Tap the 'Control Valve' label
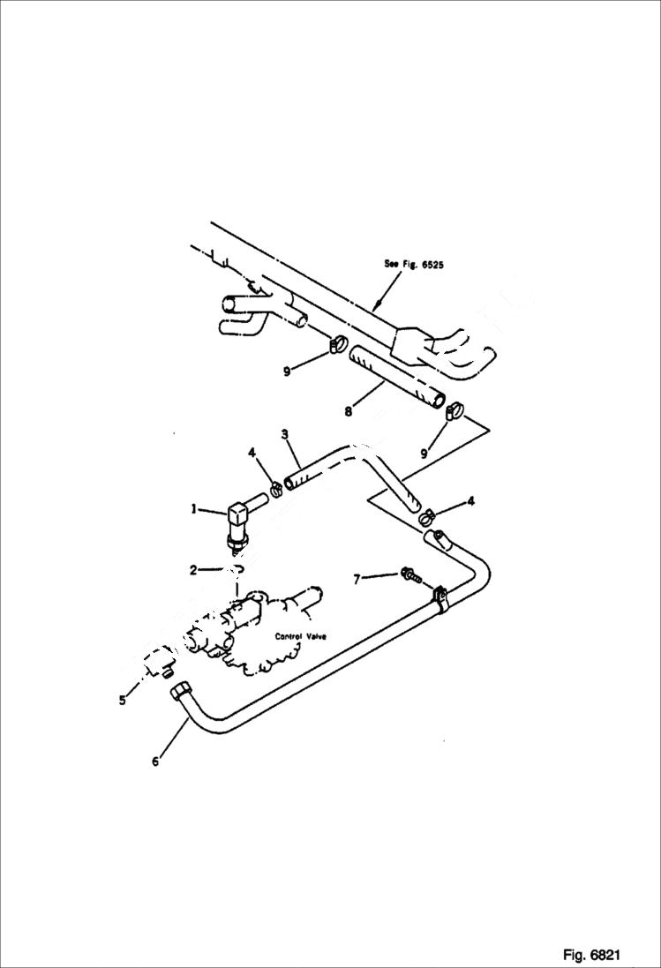pyautogui.click(x=301, y=635)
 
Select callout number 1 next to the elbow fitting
pyautogui.click(x=193, y=509)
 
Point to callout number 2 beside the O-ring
pyautogui.click(x=193, y=570)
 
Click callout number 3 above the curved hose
pyautogui.click(x=285, y=434)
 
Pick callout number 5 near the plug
pyautogui.click(x=123, y=702)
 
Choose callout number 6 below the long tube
pyautogui.click(x=155, y=762)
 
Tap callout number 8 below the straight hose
pyautogui.click(x=348, y=409)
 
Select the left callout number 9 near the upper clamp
pyautogui.click(x=288, y=371)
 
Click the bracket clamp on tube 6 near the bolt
pyautogui.click(x=440, y=601)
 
